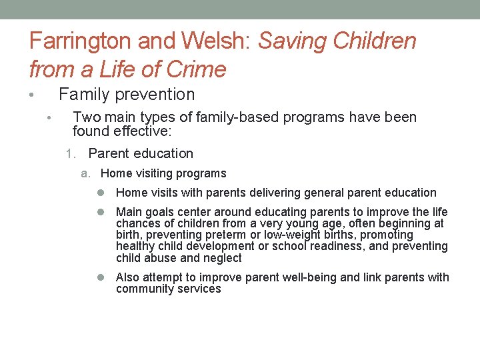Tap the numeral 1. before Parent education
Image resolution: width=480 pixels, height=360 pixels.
tap(72, 154)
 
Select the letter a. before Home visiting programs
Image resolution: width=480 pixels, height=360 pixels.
tap(85, 174)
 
